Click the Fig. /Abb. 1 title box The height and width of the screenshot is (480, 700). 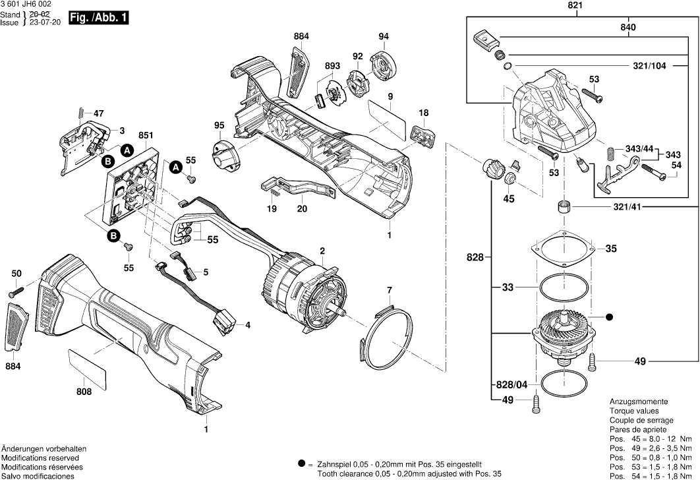point(98,18)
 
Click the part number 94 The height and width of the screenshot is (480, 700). point(384,36)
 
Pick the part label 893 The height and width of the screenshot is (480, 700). point(332,66)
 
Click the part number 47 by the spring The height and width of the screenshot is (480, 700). point(99,112)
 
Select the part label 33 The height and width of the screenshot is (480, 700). point(507,287)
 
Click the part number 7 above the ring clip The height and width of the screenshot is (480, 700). point(389,290)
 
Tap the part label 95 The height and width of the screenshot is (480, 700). point(219,126)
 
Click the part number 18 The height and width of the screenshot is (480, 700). point(424,113)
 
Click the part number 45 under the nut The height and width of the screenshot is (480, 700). point(508,199)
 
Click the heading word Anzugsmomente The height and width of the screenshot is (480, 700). point(638,402)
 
